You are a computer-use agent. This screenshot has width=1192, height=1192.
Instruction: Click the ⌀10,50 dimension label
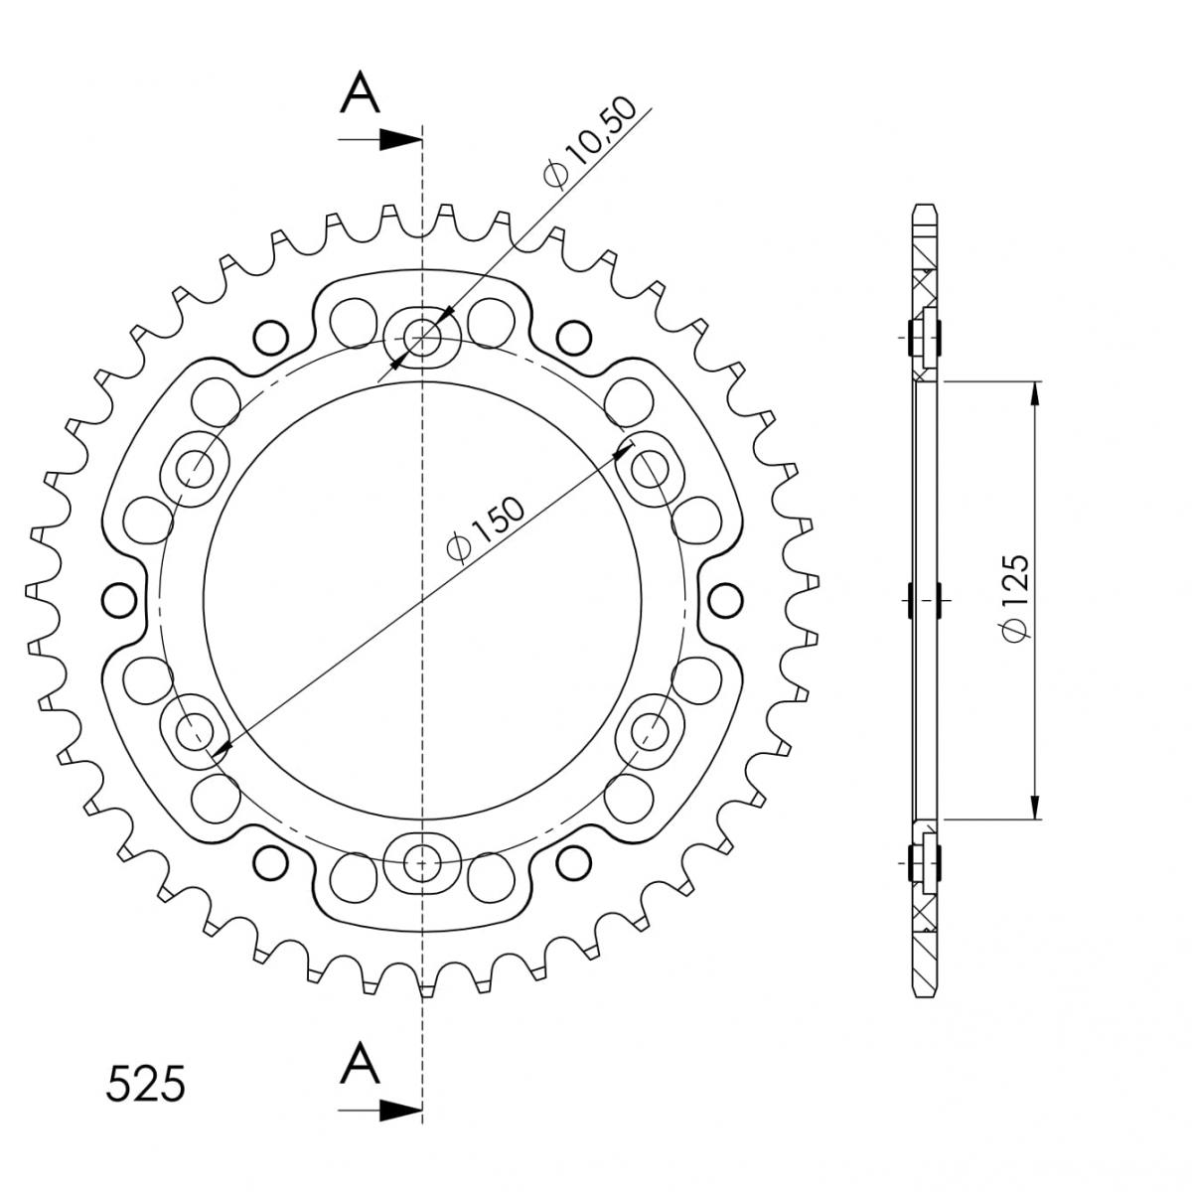click(589, 142)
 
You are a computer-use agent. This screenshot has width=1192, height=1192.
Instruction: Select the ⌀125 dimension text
click(1015, 598)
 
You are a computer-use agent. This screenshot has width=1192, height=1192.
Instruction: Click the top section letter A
click(360, 92)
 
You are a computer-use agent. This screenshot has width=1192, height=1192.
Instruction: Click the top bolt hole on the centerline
click(422, 338)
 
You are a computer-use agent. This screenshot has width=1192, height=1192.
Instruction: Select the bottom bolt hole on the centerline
click(422, 862)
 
